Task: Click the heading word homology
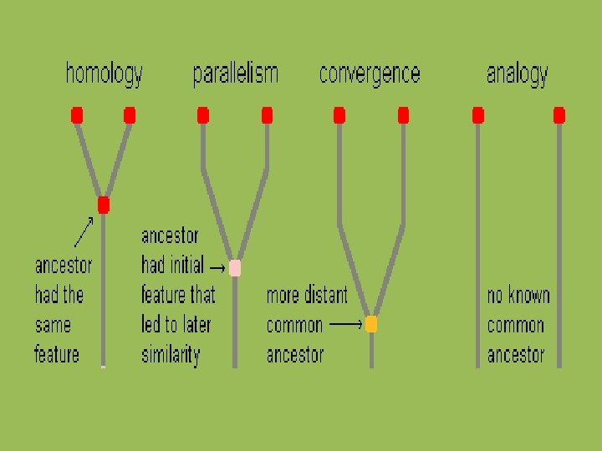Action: click(105, 75)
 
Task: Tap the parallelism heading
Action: click(235, 75)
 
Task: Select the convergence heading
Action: click(370, 75)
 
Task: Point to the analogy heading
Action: click(517, 75)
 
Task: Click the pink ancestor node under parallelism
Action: click(235, 268)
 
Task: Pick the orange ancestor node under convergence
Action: click(371, 324)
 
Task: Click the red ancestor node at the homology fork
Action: click(104, 205)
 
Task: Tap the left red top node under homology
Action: click(77, 115)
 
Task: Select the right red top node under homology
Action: click(130, 115)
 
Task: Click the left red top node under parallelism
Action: click(202, 115)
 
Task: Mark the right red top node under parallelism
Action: click(268, 115)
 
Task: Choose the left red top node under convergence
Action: click(339, 115)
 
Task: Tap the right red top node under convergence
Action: click(403, 115)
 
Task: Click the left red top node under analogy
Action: click(477, 115)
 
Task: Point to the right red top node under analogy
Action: click(559, 115)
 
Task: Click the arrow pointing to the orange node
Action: click(346, 324)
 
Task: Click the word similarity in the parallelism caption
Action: click(171, 355)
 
